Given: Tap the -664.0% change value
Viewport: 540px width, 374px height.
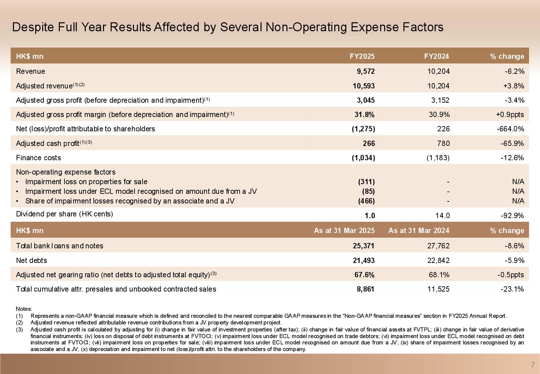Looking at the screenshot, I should click(512, 129).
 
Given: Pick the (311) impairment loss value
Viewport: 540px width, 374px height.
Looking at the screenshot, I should click(366, 182).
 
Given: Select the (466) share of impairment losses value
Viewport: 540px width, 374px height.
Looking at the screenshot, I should click(366, 201).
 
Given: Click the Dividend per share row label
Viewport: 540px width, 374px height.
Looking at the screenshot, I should click(64, 214).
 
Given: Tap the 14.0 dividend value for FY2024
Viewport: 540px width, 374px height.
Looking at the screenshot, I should click(442, 216).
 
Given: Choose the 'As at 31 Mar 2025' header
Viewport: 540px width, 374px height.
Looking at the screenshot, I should click(344, 231).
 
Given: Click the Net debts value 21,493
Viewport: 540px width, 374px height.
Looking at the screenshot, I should click(364, 261).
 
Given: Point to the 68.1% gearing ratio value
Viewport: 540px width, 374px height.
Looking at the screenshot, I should click(439, 275).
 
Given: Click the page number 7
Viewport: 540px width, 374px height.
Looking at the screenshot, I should click(533, 365).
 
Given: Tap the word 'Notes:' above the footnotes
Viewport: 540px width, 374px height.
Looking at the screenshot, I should click(24, 309).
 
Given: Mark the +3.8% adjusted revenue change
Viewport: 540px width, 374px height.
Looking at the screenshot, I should click(514, 86).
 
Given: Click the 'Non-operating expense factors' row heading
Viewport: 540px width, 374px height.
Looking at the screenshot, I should click(66, 172).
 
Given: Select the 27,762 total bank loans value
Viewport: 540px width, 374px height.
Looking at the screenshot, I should click(438, 246).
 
